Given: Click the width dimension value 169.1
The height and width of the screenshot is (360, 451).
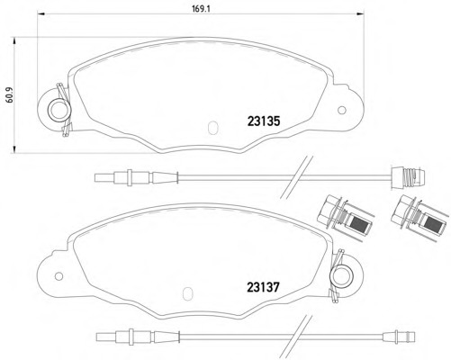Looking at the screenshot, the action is [x=201, y=9].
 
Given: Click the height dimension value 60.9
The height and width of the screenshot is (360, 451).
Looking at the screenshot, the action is [x=10, y=95].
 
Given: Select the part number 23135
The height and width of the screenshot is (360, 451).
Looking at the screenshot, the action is [x=264, y=121].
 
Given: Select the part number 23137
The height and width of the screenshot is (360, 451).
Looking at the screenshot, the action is [x=263, y=287].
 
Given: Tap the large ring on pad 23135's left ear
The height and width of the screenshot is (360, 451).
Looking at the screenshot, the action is [x=59, y=110].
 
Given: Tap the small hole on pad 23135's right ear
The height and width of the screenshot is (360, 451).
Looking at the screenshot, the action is [x=342, y=111].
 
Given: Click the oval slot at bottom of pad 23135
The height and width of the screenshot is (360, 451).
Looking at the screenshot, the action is [x=212, y=127].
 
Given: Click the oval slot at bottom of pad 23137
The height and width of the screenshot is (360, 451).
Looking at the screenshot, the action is [x=188, y=293].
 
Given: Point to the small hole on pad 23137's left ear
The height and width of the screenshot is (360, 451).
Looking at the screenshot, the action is [x=59, y=276].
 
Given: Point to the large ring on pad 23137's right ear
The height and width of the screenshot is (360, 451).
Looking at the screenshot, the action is [x=341, y=276].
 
